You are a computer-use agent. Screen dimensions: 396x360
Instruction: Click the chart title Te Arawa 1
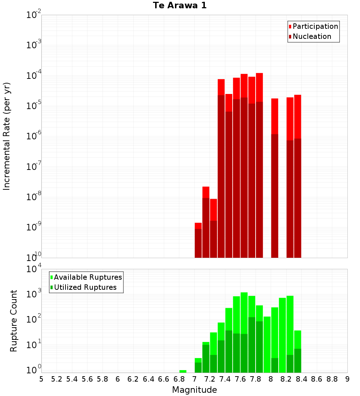pos(180,6)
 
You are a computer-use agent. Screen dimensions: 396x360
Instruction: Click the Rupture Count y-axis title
pos(14,321)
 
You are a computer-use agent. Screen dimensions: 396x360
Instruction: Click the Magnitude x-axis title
pos(194,390)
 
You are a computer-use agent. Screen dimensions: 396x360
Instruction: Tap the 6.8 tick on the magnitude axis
pos(179,379)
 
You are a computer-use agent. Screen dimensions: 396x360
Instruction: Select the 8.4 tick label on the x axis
pos(302,379)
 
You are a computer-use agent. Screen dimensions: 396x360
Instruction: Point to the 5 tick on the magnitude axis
pos(41,379)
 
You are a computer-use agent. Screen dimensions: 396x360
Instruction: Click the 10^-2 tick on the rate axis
pos(34,15)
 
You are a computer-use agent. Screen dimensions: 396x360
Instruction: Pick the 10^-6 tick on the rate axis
pos(34,136)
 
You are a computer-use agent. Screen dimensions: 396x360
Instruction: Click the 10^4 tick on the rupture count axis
pos(34,269)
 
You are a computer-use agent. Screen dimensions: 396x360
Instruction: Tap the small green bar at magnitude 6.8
pos(183,371)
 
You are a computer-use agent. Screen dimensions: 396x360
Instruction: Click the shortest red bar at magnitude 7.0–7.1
pos(198,241)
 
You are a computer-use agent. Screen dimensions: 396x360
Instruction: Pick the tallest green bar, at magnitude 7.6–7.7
pos(244,331)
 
